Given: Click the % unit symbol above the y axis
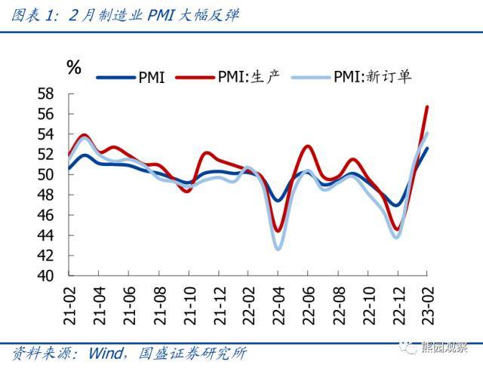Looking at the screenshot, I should (74, 67).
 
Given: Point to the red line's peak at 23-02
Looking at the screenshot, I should (427, 107).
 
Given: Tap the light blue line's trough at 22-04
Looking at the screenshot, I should (278, 249).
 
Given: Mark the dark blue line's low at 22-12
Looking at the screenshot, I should (397, 205).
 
